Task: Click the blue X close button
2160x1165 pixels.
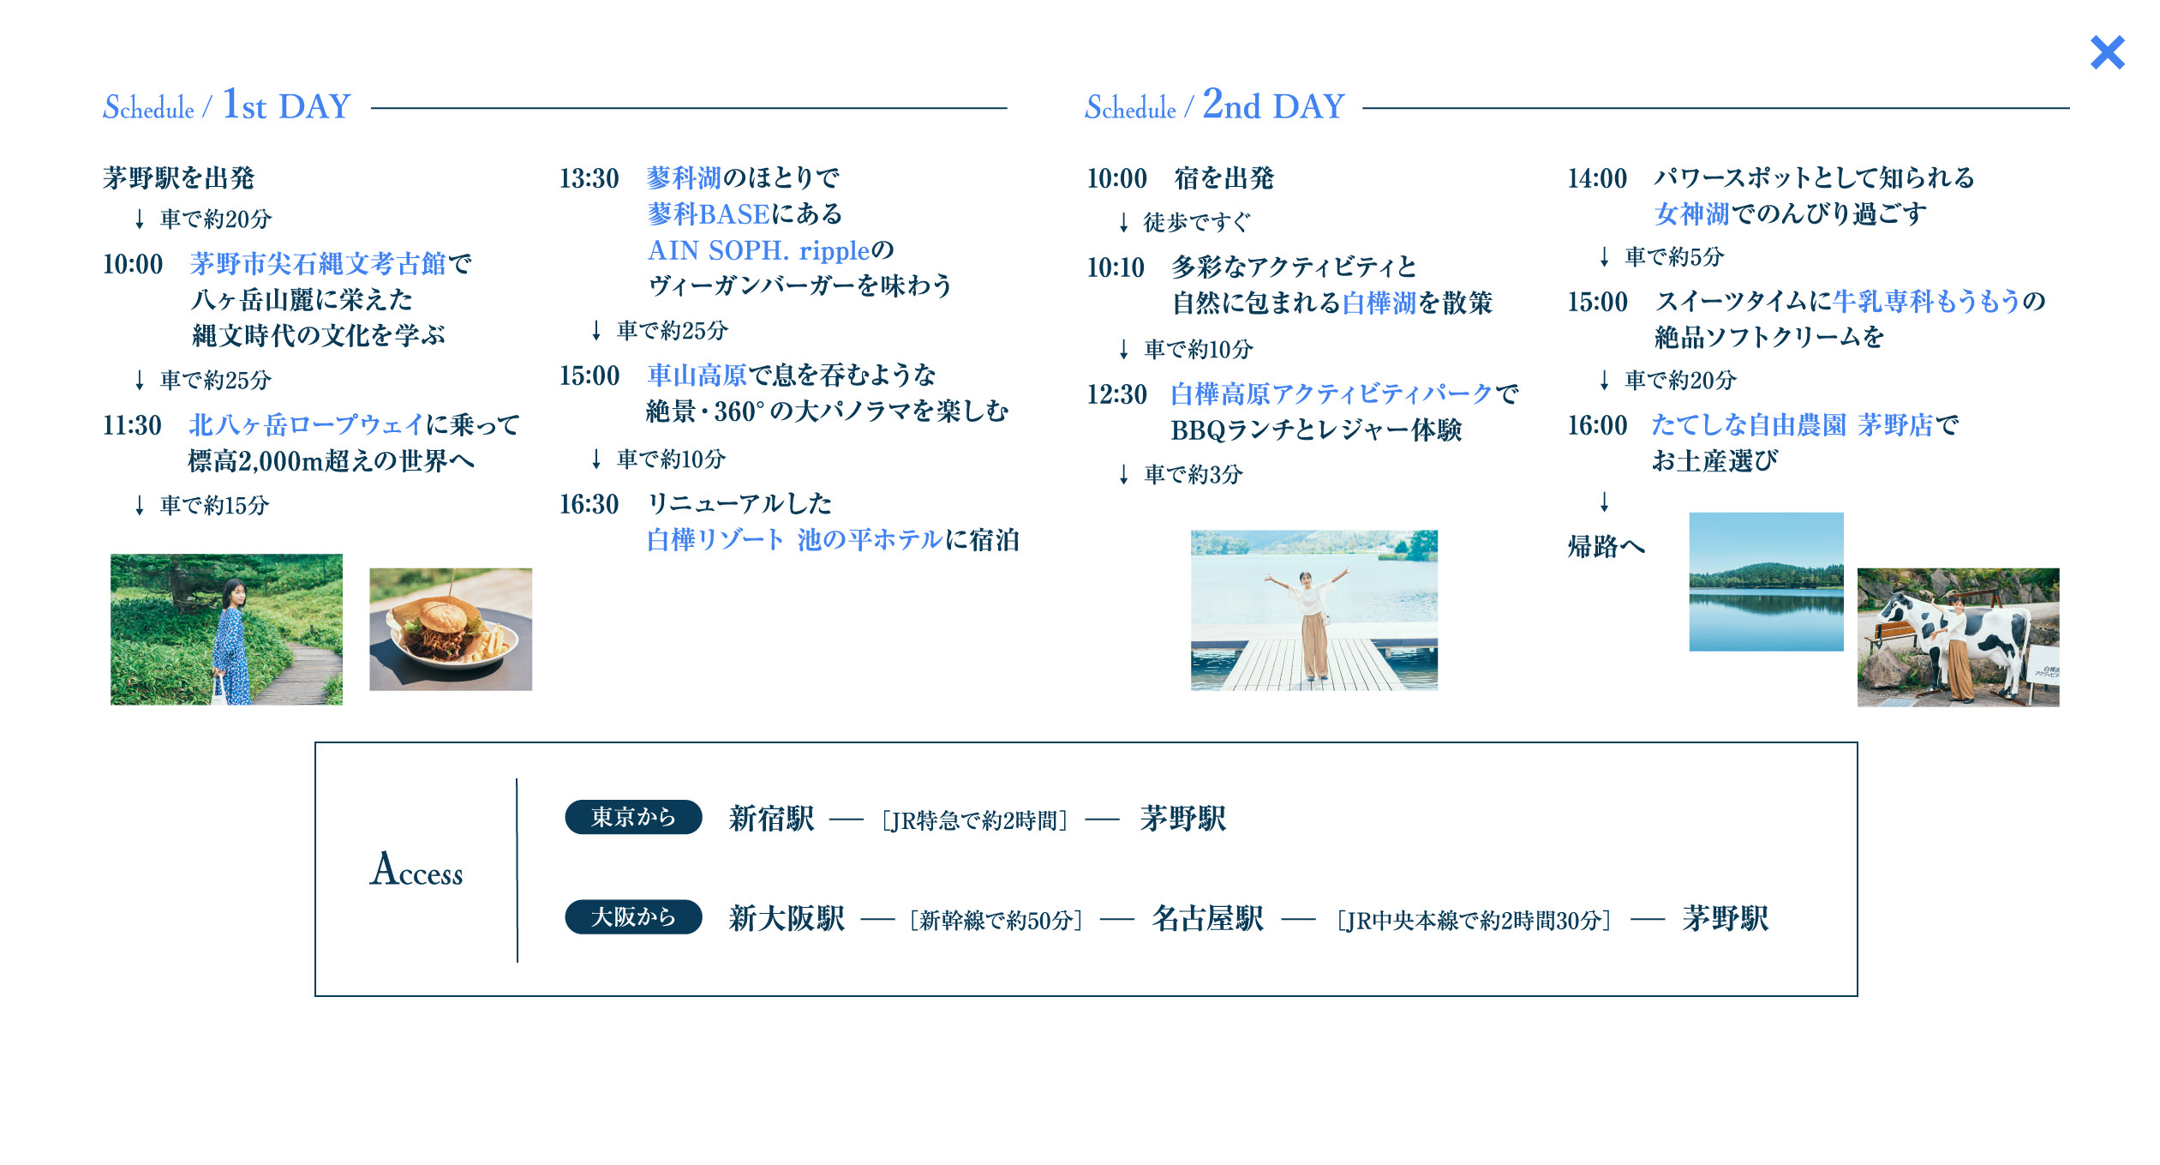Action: click(x=2107, y=52)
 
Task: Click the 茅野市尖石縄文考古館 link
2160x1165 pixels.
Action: click(x=318, y=263)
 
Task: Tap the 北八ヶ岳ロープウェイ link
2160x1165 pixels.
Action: click(x=306, y=424)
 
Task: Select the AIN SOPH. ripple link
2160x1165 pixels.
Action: click(x=758, y=249)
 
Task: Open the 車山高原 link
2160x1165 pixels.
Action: click(x=697, y=375)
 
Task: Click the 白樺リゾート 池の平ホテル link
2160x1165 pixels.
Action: click(x=794, y=539)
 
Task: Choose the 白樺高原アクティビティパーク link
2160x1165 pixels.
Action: click(x=1331, y=393)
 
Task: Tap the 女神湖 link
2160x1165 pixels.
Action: click(x=1691, y=213)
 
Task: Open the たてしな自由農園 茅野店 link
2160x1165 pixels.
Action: click(x=1792, y=424)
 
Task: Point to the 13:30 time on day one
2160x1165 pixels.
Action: click(x=589, y=178)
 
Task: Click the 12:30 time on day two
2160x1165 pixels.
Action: click(x=1116, y=394)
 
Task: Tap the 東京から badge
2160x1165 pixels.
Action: click(x=633, y=817)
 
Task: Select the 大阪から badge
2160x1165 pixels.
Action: click(x=633, y=916)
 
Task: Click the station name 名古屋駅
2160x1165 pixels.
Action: click(x=1207, y=918)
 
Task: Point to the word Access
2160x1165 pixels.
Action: click(x=416, y=869)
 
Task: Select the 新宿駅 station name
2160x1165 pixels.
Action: click(x=771, y=819)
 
